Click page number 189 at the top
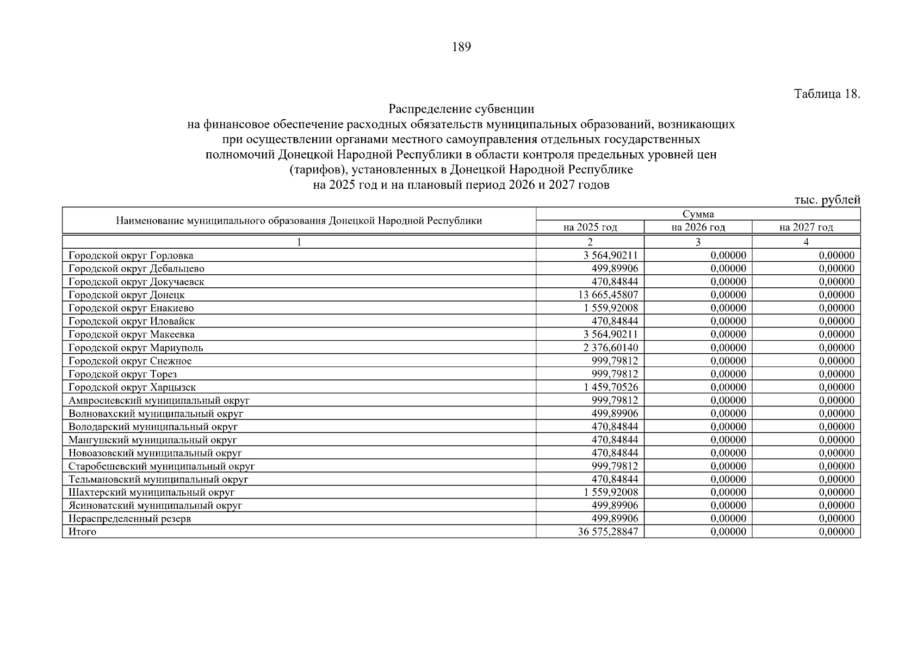coord(461,47)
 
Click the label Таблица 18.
coord(827,94)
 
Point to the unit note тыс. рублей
coord(827,200)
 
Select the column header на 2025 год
coord(590,227)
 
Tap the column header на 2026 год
coord(698,227)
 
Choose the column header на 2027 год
coord(806,227)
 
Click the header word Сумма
coord(698,214)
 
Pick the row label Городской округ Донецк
coord(127,295)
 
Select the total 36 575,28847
coord(608,532)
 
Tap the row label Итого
coord(82,532)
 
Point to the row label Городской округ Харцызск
coord(132,387)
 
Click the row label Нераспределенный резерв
coord(129,519)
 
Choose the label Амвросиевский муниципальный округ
coord(159,401)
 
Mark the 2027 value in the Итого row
coord(837,532)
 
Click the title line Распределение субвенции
coord(461,109)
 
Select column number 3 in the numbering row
coord(698,242)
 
